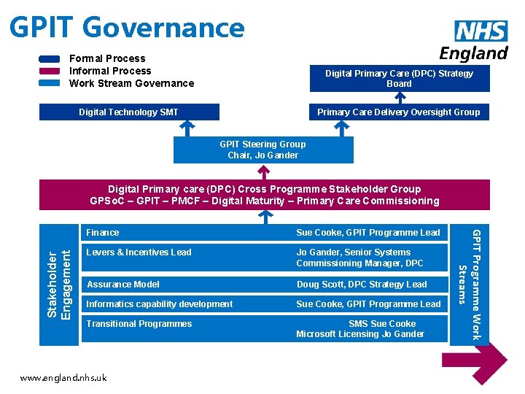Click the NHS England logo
point(474,40)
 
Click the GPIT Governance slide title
point(127,27)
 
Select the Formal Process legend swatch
point(50,59)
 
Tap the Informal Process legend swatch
point(50,71)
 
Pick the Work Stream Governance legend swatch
point(50,83)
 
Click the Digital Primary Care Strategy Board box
point(399,78)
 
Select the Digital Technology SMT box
point(128,112)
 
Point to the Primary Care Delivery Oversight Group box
point(399,112)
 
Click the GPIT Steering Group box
point(262,150)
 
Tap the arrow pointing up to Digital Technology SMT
point(187,128)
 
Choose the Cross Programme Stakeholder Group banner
point(264,195)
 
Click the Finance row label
point(103,233)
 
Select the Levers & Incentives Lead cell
point(139,252)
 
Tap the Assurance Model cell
point(122,285)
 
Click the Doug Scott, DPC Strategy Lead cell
point(362,285)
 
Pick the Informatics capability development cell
point(160,304)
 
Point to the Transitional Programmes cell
point(139,324)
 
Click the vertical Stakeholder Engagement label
point(58,285)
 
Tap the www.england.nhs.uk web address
point(63,378)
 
